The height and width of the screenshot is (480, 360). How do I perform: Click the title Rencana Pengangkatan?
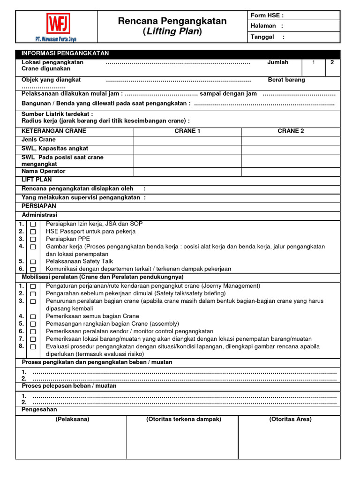(172, 21)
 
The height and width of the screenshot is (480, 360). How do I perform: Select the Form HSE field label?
(267, 15)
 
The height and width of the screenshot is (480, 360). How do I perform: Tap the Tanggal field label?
(262, 37)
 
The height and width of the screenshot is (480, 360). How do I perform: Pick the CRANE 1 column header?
(187, 131)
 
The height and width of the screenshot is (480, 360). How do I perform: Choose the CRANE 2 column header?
(291, 131)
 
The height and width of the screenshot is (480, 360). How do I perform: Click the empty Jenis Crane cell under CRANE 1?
(187, 140)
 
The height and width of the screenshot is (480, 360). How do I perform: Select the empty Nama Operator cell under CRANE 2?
(291, 172)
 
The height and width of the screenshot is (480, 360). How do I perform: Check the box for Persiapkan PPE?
(33, 239)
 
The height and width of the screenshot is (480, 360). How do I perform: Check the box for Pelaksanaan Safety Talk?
(33, 262)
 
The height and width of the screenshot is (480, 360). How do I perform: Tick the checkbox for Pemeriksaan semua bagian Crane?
(33, 316)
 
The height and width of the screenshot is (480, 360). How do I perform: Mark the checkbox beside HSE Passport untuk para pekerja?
(33, 232)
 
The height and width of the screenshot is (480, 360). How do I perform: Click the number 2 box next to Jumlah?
(332, 62)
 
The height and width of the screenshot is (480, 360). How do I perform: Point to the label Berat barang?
(286, 80)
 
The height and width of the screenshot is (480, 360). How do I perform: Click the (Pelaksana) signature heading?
(72, 419)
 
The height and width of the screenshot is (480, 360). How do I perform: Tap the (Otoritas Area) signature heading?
(290, 419)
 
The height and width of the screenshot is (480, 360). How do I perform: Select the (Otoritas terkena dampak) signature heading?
(184, 419)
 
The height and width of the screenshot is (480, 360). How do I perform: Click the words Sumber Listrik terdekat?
(57, 114)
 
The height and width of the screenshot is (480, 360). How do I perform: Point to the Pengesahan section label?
(39, 409)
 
